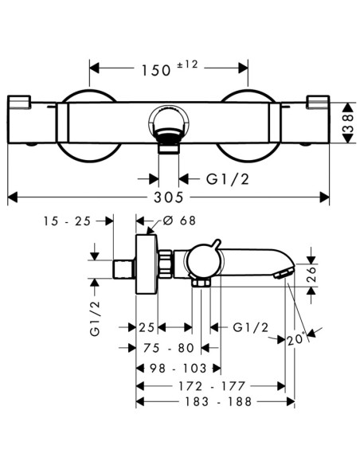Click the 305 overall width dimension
click(168, 197)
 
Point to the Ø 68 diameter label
click(179, 221)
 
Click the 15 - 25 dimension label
click(67, 221)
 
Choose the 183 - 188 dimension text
click(218, 402)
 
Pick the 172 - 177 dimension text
click(212, 386)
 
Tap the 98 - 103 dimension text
click(178, 369)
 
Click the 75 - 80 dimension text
click(168, 348)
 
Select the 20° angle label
click(296, 340)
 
